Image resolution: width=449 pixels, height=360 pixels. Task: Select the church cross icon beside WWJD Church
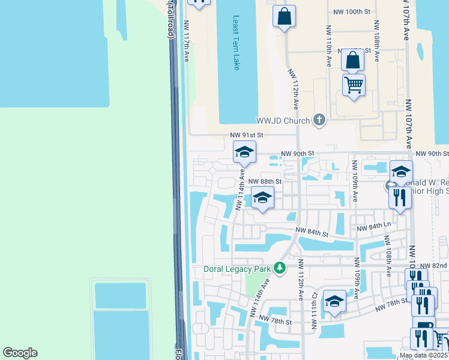point(319,121)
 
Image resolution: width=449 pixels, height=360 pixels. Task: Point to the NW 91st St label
point(247,136)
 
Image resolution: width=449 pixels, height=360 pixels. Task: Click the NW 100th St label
point(351,11)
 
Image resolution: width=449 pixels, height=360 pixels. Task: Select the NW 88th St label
point(265,181)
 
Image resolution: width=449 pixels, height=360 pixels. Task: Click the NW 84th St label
point(312,233)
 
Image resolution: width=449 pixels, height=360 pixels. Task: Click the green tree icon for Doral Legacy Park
point(279,267)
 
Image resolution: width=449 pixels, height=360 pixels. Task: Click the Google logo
point(20,353)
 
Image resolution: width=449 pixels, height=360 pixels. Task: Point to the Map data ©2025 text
point(424,355)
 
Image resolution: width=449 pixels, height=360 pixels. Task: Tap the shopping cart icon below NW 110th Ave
point(354,85)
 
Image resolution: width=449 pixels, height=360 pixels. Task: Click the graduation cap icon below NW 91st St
point(245,152)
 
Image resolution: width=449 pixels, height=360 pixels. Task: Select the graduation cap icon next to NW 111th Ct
point(334,302)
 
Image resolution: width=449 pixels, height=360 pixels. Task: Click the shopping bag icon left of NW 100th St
point(285,17)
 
